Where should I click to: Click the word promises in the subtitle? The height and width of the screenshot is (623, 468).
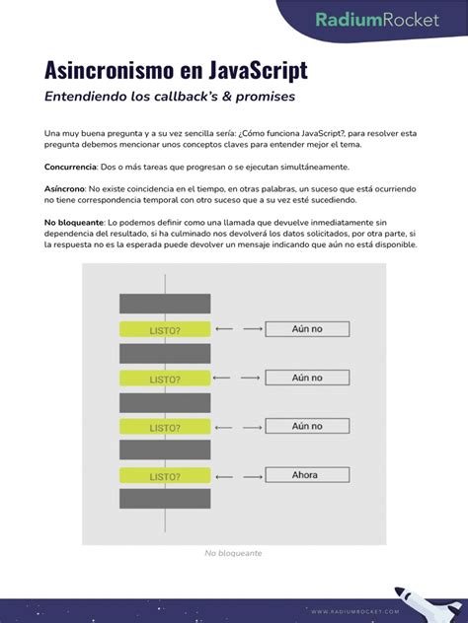point(262,97)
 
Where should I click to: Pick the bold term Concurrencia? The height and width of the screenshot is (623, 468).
point(71,167)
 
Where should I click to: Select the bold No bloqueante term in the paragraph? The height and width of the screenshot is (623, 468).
point(74,223)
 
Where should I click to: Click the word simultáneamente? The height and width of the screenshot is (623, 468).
point(313,167)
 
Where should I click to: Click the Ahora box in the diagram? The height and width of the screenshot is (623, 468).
point(306,475)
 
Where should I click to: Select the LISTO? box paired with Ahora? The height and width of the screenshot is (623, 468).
point(164,476)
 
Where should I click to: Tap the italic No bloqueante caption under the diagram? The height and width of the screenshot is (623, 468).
point(233,553)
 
